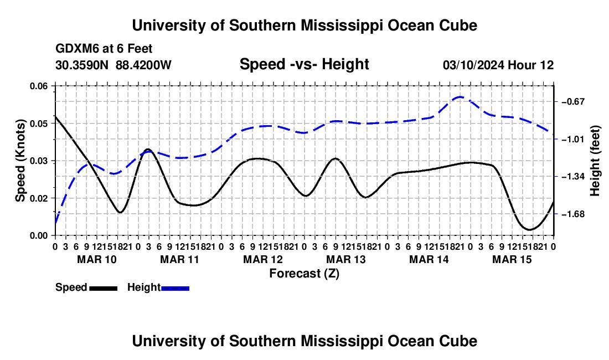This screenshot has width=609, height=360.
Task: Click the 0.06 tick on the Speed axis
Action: pos(38,86)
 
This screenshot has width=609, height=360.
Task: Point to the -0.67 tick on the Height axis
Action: pos(573,102)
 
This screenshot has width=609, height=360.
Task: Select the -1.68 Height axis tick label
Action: pos(573,214)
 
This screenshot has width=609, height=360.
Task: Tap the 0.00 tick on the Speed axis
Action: pos(38,236)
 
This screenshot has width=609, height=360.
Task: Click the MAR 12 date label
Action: pos(263,259)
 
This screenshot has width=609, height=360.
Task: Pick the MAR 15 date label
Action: pos(512,259)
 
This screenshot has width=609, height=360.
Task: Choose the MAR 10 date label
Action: pos(97,259)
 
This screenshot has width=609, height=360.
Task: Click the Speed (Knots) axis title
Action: pos(20,161)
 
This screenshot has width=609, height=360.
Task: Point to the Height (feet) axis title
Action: pos(595,161)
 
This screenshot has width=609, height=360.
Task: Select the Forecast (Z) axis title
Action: pos(304,274)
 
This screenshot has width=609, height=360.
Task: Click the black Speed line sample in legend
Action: pos(104,289)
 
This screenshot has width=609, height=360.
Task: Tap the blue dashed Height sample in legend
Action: pos(175,289)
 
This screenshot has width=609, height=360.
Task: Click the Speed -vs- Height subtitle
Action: pos(304,64)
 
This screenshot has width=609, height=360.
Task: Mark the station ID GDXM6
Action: pos(75,49)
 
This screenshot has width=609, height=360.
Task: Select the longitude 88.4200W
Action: pos(143,65)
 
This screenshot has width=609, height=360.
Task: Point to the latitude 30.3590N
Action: pos(82,65)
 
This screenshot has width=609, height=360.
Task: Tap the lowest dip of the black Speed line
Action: pos(529,229)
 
